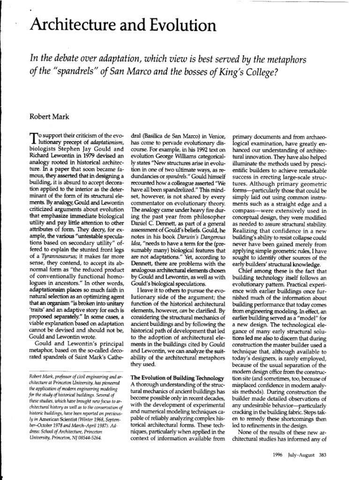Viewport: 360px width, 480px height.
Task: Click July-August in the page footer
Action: (298, 455)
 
